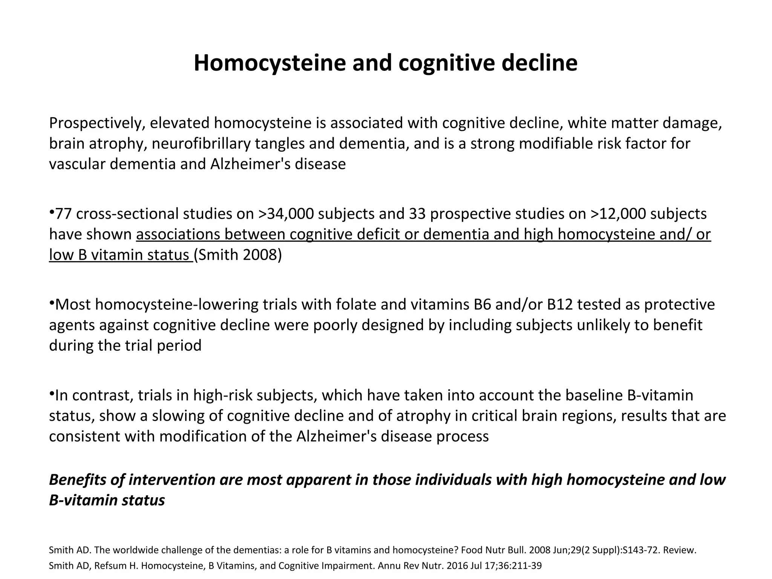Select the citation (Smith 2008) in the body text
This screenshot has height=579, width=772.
tap(238, 255)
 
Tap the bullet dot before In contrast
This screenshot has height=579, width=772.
tap(52, 393)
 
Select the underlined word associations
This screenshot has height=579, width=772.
tap(178, 234)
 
